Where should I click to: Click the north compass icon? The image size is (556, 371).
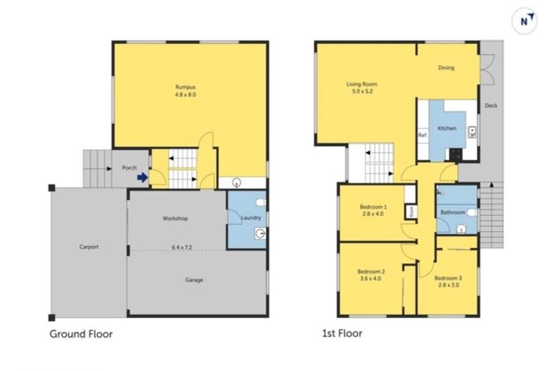pyautogui.click(x=524, y=21)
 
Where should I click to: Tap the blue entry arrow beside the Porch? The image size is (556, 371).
pyautogui.click(x=143, y=177)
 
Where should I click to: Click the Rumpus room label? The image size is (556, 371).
pyautogui.click(x=185, y=87)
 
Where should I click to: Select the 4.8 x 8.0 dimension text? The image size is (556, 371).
pyautogui.click(x=185, y=95)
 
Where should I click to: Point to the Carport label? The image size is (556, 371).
pyautogui.click(x=89, y=247)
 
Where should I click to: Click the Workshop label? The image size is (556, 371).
pyautogui.click(x=175, y=218)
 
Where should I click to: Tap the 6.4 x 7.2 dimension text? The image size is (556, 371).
pyautogui.click(x=182, y=247)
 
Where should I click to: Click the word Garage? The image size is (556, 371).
pyautogui.click(x=194, y=280)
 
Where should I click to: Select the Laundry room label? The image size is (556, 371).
pyautogui.click(x=251, y=217)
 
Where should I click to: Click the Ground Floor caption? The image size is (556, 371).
pyautogui.click(x=81, y=334)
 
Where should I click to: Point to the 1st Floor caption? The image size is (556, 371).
pyautogui.click(x=342, y=333)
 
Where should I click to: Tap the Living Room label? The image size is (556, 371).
pyautogui.click(x=362, y=84)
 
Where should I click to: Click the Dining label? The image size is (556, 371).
pyautogui.click(x=446, y=68)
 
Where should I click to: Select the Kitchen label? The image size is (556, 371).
pyautogui.click(x=447, y=128)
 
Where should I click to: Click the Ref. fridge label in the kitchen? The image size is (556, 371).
pyautogui.click(x=422, y=136)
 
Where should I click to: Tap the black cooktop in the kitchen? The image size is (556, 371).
pyautogui.click(x=455, y=154)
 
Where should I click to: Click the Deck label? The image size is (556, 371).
pyautogui.click(x=491, y=106)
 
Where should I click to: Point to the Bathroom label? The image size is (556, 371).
pyautogui.click(x=452, y=212)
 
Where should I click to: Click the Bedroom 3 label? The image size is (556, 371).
pyautogui.click(x=448, y=278)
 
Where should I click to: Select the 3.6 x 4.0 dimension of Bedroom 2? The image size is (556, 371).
pyautogui.click(x=371, y=279)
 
